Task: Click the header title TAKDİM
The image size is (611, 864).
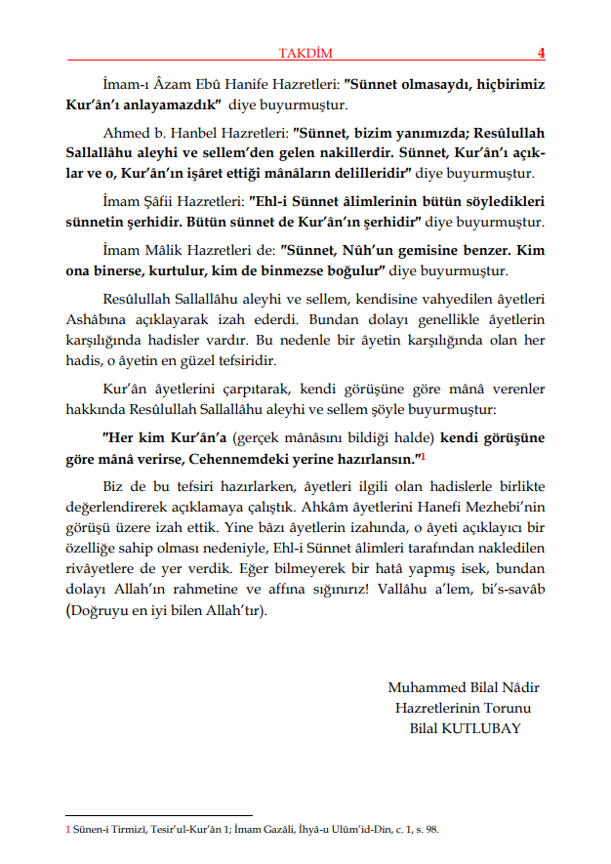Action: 305,53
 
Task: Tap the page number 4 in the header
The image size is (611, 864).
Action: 541,53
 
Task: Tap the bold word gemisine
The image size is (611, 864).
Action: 426,250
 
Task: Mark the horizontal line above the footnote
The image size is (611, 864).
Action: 158,815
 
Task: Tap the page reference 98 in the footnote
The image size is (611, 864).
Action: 430,830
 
